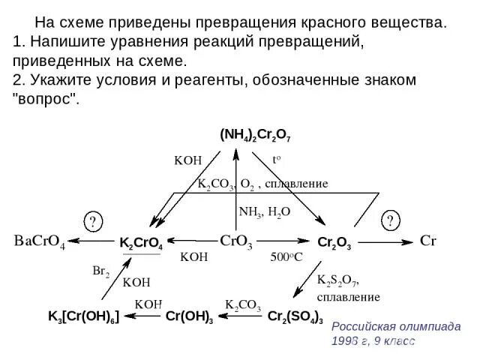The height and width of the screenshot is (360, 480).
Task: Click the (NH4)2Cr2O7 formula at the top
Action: tap(255, 136)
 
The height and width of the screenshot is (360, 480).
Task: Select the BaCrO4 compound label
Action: tap(40, 241)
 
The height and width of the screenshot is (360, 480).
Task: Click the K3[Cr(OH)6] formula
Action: tap(84, 316)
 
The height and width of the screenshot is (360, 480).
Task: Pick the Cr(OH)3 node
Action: tap(189, 316)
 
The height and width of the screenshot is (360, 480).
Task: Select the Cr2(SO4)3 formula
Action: tap(295, 316)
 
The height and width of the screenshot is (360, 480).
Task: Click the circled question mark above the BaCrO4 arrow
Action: tap(92, 221)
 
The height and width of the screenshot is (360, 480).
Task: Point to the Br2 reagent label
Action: tap(100, 271)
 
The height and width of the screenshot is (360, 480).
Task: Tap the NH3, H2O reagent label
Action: tap(264, 211)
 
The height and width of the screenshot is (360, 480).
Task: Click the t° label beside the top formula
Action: tap(277, 160)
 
